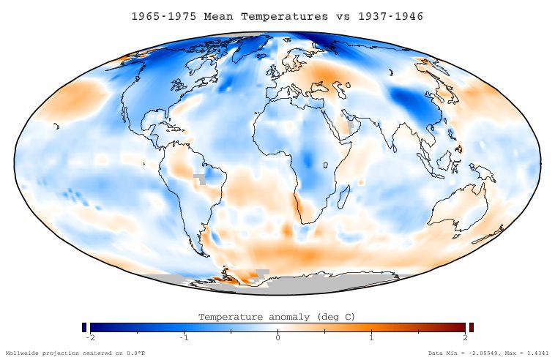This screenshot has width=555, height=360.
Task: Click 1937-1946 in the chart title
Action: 392,15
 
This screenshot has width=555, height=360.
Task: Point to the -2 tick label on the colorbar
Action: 90,337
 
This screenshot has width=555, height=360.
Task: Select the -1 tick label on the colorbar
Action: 183,337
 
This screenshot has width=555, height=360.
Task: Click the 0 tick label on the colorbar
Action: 277,337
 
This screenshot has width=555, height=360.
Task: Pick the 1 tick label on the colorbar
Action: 371,337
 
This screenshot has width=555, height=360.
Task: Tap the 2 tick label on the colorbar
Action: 464,337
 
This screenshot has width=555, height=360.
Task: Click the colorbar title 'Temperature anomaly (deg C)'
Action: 277,317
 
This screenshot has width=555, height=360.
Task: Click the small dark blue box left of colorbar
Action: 84,327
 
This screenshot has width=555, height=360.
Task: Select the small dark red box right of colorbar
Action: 471,327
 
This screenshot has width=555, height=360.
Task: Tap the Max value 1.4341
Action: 535,353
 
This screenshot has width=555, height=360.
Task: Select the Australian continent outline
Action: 458,209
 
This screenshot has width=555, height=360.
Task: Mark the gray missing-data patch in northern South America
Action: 198,178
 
